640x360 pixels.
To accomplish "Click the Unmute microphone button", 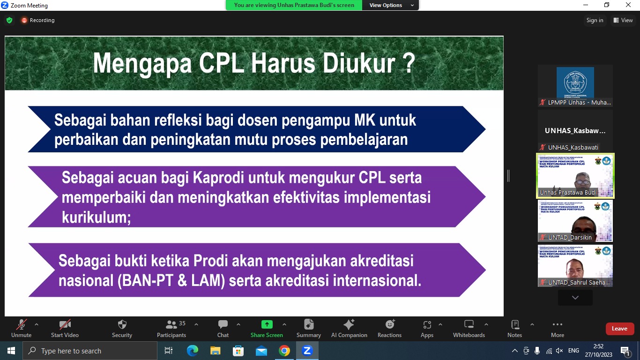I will click(21, 328).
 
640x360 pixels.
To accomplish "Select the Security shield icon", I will click(122, 328).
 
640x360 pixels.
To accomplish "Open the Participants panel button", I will click(171, 328).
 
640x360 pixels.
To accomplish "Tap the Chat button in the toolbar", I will click(223, 328).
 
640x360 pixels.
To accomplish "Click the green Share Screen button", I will click(267, 328).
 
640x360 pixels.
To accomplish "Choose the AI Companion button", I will click(349, 328).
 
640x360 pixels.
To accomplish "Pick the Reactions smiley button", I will click(389, 328).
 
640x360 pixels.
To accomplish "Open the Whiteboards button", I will click(469, 328).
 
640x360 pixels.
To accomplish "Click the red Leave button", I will click(619, 329).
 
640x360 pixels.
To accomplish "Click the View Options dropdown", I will click(391, 5).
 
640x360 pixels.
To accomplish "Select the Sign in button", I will click(595, 20).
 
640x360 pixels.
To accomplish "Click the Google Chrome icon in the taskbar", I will click(284, 351).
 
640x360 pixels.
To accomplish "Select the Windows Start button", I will click(11, 351).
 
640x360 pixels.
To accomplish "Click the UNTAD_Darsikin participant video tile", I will click(575, 221).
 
